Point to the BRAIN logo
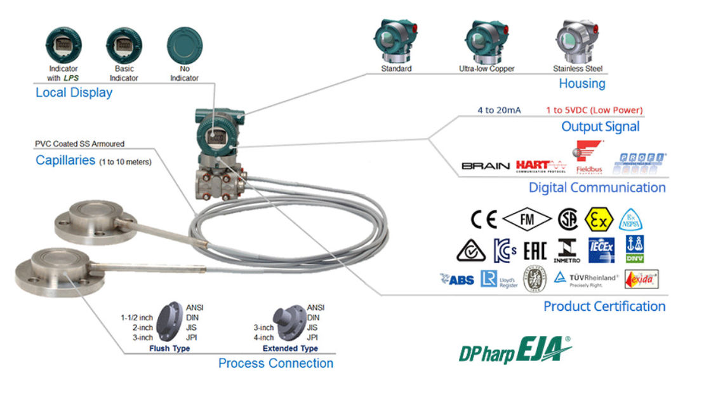point(486,166)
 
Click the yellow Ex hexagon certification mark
point(598,219)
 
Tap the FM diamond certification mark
point(527,220)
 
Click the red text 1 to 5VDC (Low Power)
point(594,110)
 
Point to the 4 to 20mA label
point(499,110)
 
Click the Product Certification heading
point(604,306)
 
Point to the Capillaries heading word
point(64,161)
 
